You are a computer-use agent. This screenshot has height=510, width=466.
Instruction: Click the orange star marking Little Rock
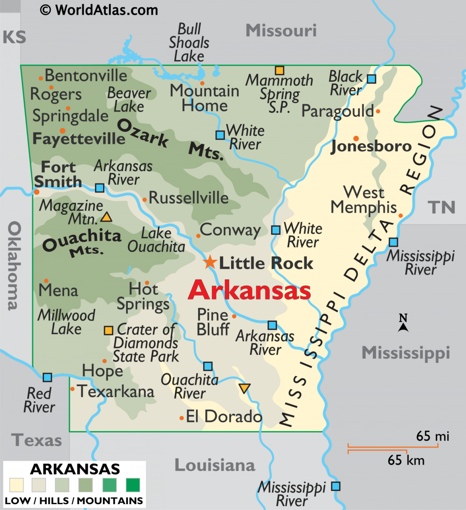[210, 262]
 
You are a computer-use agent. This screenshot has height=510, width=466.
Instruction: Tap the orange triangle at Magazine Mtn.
[106, 217]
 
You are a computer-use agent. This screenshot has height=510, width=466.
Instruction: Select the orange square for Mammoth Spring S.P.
[280, 70]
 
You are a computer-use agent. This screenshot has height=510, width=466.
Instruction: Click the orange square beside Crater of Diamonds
[108, 330]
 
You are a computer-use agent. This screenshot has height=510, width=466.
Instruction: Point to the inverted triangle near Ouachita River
[244, 388]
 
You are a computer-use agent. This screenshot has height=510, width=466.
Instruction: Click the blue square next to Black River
[372, 79]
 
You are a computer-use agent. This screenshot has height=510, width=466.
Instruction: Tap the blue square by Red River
[47, 377]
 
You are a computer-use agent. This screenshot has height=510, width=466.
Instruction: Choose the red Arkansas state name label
[249, 290]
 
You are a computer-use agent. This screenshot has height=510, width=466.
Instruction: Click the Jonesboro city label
[371, 146]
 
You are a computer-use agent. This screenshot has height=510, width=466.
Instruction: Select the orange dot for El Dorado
[181, 418]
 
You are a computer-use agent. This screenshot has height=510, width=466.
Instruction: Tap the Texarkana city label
[116, 391]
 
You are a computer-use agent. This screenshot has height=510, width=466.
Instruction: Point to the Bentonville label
[86, 76]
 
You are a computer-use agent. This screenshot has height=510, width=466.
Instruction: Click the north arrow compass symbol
[403, 324]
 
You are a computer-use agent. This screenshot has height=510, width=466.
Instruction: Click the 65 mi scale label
[433, 436]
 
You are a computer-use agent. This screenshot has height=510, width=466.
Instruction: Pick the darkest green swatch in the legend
[133, 485]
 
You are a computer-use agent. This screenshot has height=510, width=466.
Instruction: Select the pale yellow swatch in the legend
[17, 485]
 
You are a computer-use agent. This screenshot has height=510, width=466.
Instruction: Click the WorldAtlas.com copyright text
[99, 10]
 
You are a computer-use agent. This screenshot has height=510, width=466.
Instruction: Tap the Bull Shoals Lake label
[189, 43]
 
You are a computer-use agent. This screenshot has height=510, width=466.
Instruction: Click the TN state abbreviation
[442, 208]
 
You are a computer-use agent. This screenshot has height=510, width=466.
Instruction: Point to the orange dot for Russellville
[144, 200]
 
